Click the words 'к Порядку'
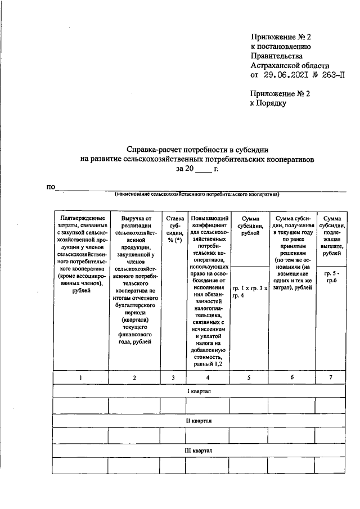[x=269, y=103]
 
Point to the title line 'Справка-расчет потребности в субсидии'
[x=200, y=150]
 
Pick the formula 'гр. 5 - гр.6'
[x=332, y=276]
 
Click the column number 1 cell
[x=80, y=377]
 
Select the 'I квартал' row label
[x=200, y=391]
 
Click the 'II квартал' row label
[x=200, y=421]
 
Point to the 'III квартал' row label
[x=200, y=451]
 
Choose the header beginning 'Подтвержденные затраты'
[x=80, y=250]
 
